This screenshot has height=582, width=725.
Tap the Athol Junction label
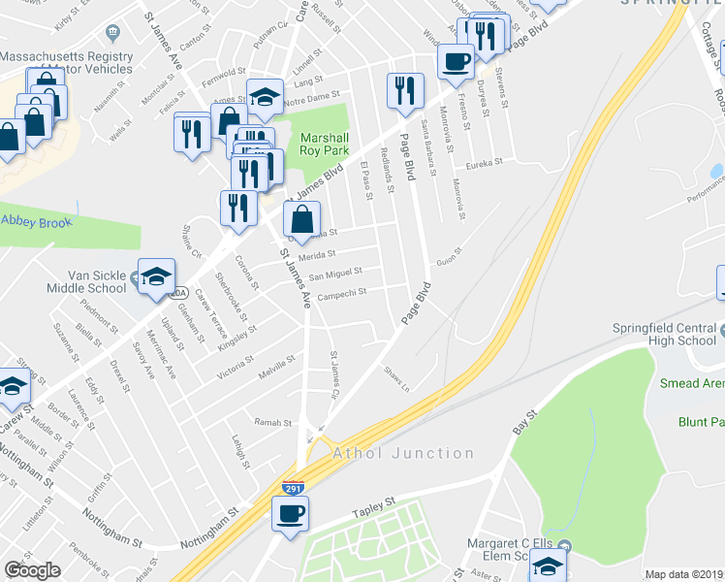click(403, 453)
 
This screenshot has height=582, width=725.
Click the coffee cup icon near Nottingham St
click(290, 513)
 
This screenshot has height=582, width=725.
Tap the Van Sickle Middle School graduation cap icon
click(156, 278)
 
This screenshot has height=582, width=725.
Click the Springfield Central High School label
click(664, 334)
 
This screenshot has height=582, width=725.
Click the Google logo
click(32, 570)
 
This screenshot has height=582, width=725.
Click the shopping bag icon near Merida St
click(302, 222)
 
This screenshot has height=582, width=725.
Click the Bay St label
click(524, 424)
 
